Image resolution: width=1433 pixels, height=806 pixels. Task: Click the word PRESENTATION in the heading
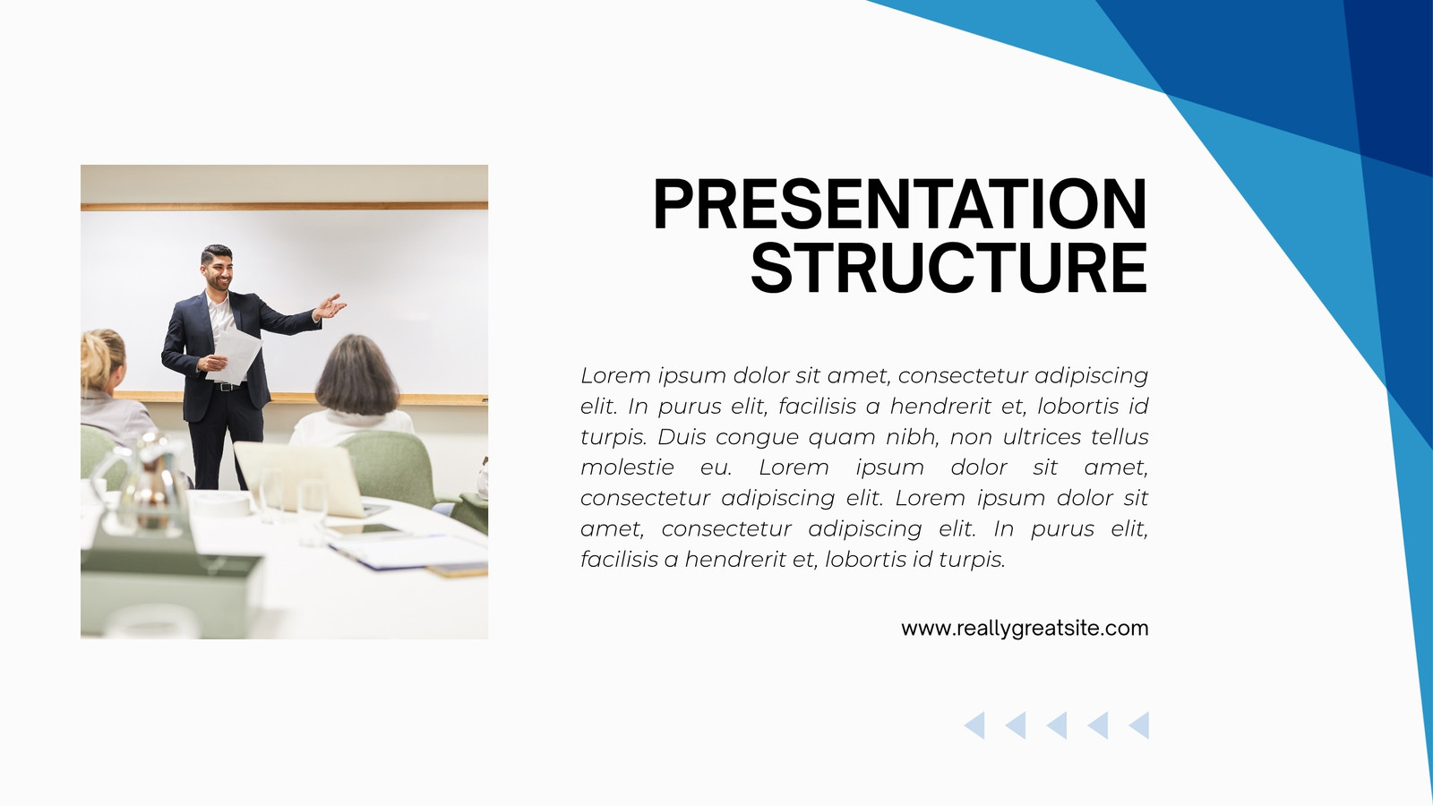point(900,204)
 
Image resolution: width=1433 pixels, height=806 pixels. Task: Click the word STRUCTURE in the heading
point(949,268)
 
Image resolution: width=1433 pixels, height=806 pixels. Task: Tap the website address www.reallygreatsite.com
point(1025,628)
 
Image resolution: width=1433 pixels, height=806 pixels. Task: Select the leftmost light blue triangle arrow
point(974,725)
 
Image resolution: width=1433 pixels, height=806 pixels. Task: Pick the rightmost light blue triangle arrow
point(1138,725)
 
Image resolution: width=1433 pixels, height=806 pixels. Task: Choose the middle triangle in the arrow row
point(1057,725)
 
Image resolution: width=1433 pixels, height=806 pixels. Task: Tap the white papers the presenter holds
point(235,356)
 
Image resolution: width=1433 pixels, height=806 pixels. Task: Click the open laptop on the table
point(301,478)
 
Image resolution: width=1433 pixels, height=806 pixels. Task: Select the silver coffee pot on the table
point(147,486)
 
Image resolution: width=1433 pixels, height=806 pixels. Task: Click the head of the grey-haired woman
point(357,374)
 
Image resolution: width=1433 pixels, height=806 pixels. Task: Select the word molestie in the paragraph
point(627,467)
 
